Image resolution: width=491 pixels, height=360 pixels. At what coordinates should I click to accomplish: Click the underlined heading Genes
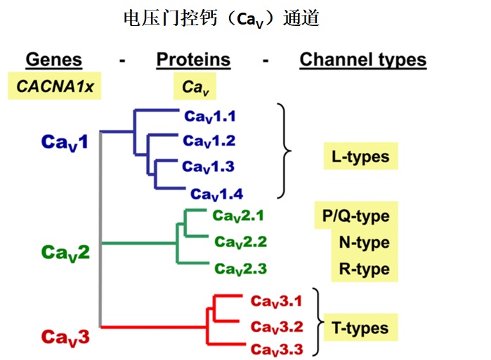pyautogui.click(x=54, y=60)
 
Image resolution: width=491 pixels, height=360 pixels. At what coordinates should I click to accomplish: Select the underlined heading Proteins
pyautogui.click(x=193, y=60)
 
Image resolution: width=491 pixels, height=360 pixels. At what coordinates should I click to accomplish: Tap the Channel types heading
pyautogui.click(x=363, y=60)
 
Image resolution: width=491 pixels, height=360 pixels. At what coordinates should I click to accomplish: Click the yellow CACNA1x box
pyautogui.click(x=55, y=86)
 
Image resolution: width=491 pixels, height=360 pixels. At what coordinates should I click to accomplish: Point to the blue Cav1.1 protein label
pyautogui.click(x=210, y=116)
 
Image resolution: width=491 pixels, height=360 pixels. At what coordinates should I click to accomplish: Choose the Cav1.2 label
pyautogui.click(x=209, y=141)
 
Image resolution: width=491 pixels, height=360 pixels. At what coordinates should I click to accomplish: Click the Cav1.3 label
pyautogui.click(x=208, y=167)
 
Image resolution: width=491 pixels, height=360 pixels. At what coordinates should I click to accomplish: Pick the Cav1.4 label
pyautogui.click(x=216, y=194)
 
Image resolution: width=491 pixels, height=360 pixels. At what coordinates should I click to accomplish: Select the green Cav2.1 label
pyautogui.click(x=238, y=216)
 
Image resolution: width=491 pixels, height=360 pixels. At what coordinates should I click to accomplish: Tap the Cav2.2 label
pyautogui.click(x=240, y=242)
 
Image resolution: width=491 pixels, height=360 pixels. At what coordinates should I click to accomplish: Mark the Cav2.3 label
pyautogui.click(x=240, y=269)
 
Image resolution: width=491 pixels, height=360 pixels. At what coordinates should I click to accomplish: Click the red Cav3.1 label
pyautogui.click(x=277, y=302)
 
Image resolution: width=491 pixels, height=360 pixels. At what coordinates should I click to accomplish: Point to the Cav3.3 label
pyautogui.click(x=277, y=349)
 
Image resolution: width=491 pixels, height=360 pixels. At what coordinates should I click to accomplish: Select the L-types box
pyautogui.click(x=361, y=156)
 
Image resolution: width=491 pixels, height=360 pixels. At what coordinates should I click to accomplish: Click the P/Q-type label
pyautogui.click(x=356, y=216)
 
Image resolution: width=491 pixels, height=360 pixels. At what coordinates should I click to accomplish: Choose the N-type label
pyautogui.click(x=365, y=242)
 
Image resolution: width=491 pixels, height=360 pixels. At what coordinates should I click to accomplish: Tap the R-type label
pyautogui.click(x=365, y=269)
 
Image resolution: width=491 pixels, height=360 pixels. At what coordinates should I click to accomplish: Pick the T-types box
pyautogui.click(x=360, y=328)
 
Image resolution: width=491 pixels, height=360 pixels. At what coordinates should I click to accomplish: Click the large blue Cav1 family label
pyautogui.click(x=65, y=142)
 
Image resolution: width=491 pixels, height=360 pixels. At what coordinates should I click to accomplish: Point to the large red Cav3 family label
pyautogui.click(x=65, y=338)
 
